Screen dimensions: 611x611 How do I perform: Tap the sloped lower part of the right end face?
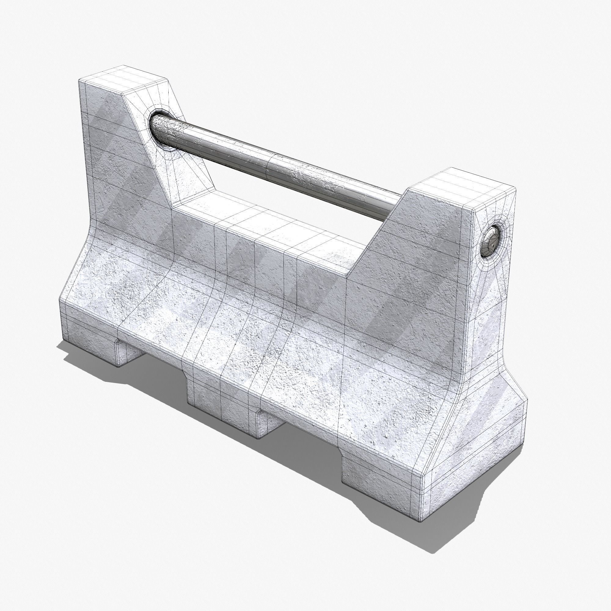pyautogui.click(x=493, y=437)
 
